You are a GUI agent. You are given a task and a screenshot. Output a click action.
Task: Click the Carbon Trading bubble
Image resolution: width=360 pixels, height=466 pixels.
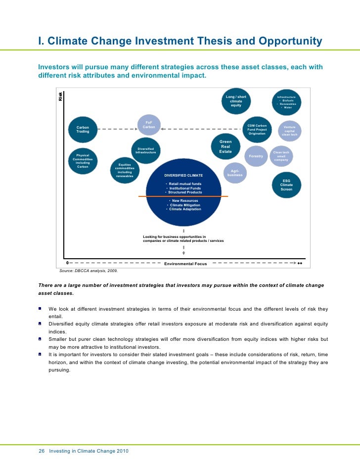coord(83,130)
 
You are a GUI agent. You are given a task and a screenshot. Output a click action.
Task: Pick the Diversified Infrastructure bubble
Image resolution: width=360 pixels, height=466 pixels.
coord(146,150)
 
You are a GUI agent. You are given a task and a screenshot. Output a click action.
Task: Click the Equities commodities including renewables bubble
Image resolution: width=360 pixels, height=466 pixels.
coord(125,171)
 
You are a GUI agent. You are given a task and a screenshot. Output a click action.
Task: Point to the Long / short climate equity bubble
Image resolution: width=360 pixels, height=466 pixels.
coord(236,101)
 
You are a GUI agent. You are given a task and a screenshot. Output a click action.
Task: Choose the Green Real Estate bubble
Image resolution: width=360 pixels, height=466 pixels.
coord(225,147)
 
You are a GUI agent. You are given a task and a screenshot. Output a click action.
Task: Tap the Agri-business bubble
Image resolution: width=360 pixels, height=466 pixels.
coord(235,173)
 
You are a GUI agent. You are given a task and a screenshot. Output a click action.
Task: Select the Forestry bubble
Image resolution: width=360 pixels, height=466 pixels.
coord(256,156)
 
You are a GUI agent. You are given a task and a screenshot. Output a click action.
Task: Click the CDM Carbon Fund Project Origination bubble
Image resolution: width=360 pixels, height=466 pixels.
coord(257,130)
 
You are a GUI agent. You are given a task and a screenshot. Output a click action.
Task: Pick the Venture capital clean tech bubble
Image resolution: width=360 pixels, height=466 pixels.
coord(289,130)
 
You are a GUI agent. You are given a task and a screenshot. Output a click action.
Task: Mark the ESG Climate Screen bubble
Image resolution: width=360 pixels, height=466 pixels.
coord(286,185)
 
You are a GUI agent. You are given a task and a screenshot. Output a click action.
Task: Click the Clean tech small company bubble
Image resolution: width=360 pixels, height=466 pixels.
coord(281,156)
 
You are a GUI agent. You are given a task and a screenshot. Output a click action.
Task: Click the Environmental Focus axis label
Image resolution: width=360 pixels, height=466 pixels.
coord(185,264)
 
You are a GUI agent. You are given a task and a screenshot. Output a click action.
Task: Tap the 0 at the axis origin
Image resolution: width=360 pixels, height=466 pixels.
coord(68,263)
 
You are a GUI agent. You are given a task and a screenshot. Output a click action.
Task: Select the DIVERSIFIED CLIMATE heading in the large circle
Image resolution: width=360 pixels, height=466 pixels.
coord(183,176)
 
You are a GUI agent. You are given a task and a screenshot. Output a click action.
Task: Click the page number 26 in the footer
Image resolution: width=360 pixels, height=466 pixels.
coord(42,451)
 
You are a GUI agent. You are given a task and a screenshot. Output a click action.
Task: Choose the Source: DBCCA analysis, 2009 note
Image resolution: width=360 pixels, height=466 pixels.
coord(89,271)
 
